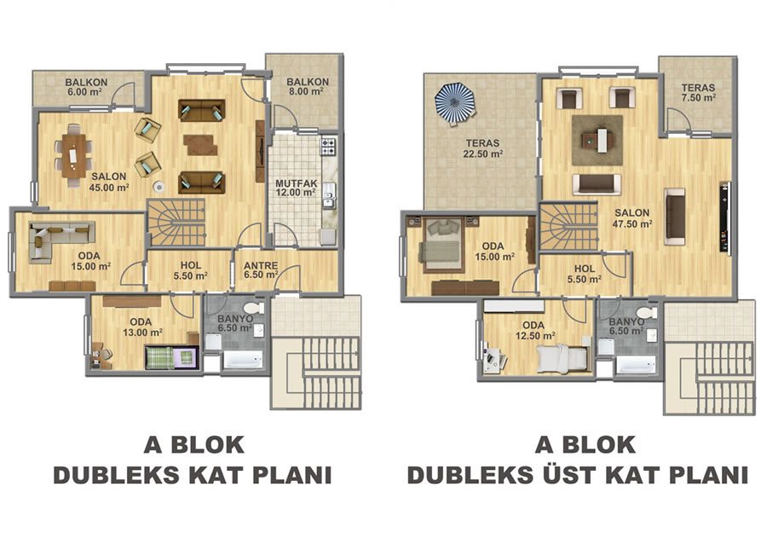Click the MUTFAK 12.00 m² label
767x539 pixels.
[296, 188]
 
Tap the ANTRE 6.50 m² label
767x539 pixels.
[261, 270]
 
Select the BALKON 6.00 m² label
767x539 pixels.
[87, 87]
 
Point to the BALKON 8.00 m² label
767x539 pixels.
[308, 86]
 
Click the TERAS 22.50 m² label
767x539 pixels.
[483, 148]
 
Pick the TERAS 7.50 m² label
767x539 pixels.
[699, 92]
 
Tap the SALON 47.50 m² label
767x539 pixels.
[632, 218]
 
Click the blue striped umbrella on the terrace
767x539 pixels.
[455, 103]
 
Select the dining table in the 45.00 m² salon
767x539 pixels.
[73, 156]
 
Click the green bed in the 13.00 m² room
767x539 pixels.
[171, 357]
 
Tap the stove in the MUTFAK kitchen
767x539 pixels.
[328, 145]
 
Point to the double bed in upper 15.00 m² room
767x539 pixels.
[441, 245]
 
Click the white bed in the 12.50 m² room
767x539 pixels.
[562, 358]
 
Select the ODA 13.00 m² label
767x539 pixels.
[141, 327]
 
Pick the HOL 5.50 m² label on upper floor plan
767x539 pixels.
[584, 274]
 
